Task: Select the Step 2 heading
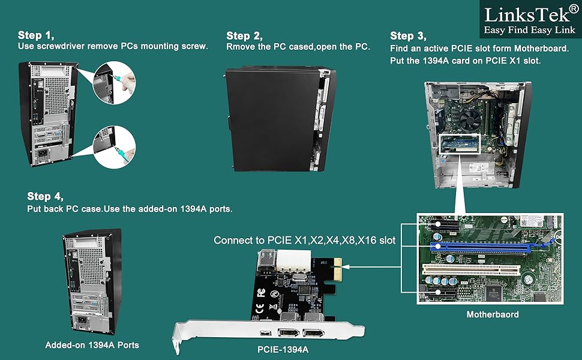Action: point(244,36)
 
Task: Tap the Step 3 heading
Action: point(409,36)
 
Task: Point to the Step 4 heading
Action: point(45,197)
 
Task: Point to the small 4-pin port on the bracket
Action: point(265,333)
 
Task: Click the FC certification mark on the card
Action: point(260,294)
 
